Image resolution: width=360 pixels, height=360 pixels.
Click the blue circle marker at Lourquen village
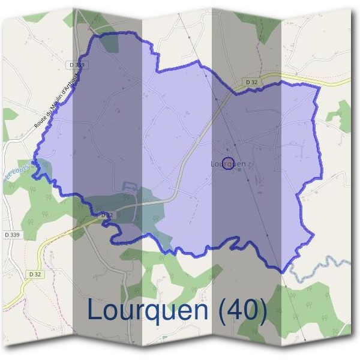tap(228, 163)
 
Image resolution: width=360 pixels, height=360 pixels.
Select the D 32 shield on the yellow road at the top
tap(251, 82)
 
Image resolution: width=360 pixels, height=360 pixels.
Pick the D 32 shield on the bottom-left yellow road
tap(34, 274)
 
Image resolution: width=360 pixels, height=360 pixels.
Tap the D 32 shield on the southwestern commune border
tap(107, 215)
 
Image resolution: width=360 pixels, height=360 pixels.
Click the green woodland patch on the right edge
tap(342, 114)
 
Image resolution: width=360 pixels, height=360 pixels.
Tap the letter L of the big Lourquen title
tap(95, 310)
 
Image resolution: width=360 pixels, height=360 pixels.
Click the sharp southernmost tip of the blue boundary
tap(282, 272)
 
